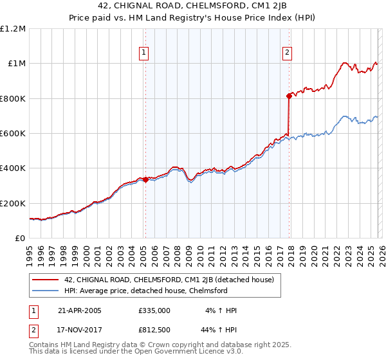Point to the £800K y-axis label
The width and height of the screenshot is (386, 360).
tap(14, 99)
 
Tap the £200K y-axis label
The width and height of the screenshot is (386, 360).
tap(14, 203)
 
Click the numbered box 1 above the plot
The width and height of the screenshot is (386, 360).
tap(143, 53)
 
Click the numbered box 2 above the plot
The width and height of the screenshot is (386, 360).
tap(287, 53)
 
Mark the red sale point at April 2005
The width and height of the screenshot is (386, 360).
tap(145, 180)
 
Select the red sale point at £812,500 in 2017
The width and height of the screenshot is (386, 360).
tap(289, 96)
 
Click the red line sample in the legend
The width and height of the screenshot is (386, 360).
tap(46, 280)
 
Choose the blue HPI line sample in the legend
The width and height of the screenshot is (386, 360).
tap(46, 291)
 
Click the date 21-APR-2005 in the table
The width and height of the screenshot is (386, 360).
tap(80, 310)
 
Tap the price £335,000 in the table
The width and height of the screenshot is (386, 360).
tap(154, 310)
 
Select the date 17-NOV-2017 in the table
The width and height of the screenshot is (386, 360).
tap(80, 329)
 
